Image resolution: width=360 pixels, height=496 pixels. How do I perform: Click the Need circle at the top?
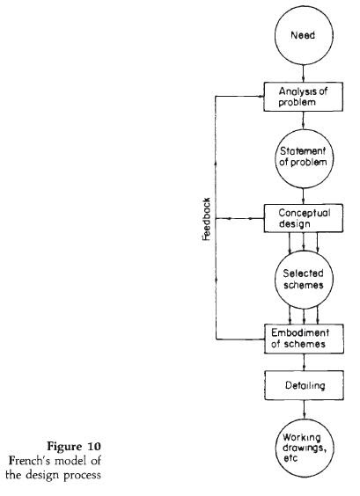(x=302, y=38)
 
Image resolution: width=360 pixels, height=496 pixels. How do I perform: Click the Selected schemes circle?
(x=302, y=276)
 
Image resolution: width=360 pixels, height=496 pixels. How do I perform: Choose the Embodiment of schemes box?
(x=302, y=338)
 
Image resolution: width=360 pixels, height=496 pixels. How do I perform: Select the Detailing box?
(x=302, y=387)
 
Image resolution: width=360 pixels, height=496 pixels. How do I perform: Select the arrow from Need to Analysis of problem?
(x=302, y=74)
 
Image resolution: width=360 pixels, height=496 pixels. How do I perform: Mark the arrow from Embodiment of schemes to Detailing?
(x=302, y=363)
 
